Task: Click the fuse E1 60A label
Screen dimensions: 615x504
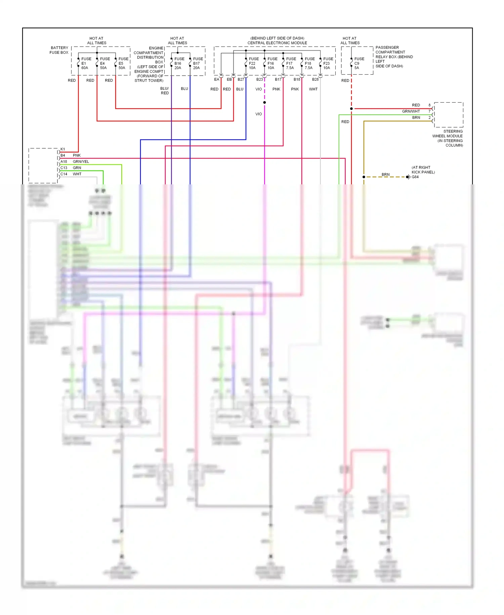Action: [x=85, y=63]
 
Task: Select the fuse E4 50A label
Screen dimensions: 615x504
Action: [x=104, y=63]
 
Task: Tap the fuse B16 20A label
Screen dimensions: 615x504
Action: [x=179, y=63]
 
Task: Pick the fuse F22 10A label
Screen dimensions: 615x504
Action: [x=253, y=63]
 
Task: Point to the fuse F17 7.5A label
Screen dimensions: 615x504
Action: [x=290, y=63]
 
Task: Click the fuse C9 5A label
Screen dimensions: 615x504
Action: [x=359, y=63]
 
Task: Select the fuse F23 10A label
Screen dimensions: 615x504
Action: [x=328, y=63]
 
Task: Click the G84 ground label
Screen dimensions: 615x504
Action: [x=415, y=177]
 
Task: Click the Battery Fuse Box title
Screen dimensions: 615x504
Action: [x=59, y=50]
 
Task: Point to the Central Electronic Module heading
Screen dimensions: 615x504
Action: [x=277, y=43]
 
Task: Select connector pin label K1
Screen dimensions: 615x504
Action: [x=63, y=149]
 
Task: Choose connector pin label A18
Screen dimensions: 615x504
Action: [x=64, y=162]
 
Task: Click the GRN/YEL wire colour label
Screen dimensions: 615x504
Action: [x=81, y=162]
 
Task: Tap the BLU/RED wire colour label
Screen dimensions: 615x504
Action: [x=165, y=91]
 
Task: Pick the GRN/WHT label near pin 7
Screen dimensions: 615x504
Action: [x=411, y=111]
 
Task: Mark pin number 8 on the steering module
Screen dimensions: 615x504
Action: [x=429, y=105]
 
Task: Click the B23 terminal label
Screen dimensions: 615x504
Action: [x=259, y=80]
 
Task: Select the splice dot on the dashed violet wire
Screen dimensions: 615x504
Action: [x=265, y=102]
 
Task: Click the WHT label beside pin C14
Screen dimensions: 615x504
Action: [x=77, y=174]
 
